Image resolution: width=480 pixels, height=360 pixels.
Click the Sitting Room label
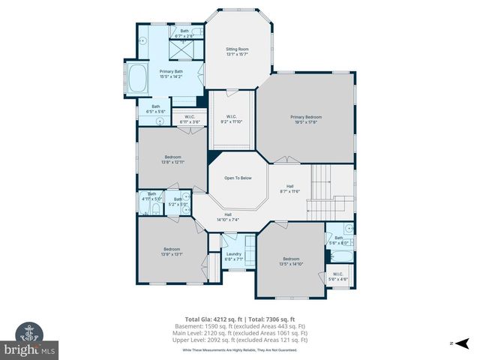[236, 51]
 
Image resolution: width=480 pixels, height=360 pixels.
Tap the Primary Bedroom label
[306, 119]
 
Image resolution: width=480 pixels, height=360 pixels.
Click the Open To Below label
[237, 178]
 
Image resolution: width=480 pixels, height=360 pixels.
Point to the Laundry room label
[233, 256]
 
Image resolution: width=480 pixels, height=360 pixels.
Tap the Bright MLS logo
[29, 338]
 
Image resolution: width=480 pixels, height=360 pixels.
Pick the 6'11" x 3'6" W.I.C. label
[190, 119]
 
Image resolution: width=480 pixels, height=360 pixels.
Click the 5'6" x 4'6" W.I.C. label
[337, 277]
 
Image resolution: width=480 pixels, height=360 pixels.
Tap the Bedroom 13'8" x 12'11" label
[172, 159]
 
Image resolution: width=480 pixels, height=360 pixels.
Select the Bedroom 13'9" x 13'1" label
[172, 251]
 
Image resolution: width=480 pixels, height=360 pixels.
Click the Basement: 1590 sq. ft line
[240, 327]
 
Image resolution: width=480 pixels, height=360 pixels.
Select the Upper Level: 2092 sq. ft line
[240, 340]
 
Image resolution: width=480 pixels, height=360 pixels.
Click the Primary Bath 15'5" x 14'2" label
[172, 73]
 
